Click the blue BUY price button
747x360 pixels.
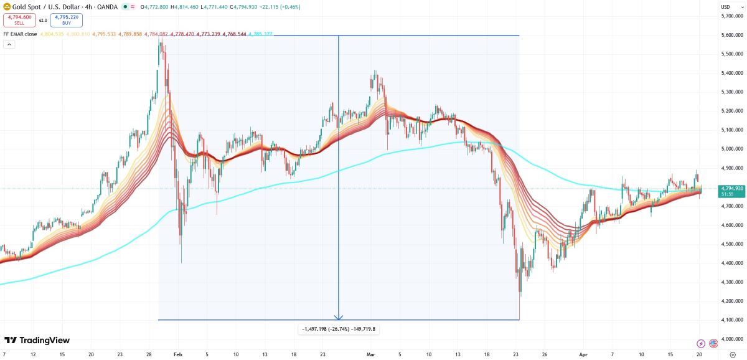click(x=67, y=21)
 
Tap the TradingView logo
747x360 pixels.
click(x=37, y=340)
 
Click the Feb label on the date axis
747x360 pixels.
click(x=178, y=354)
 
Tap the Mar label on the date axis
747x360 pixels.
click(x=371, y=354)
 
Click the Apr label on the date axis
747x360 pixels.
click(x=583, y=354)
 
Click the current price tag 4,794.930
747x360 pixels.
click(x=731, y=188)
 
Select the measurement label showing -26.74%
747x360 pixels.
click(x=339, y=329)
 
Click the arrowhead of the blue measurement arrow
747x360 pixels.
click(x=338, y=316)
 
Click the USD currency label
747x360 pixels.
click(x=725, y=7)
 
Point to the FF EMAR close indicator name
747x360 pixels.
click(x=19, y=34)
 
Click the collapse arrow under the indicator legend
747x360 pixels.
click(x=9, y=45)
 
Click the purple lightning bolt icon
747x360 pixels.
click(x=701, y=343)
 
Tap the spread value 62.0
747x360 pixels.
click(x=43, y=21)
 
